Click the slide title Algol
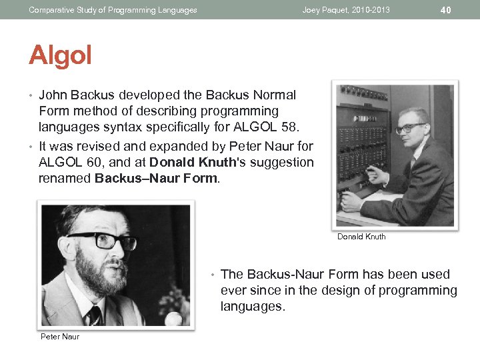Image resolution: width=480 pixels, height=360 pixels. coord(60,55)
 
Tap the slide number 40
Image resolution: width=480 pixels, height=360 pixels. coord(446,10)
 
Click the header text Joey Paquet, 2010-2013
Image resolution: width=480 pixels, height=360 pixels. coord(346,10)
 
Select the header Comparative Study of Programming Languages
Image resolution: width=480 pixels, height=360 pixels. coord(113,10)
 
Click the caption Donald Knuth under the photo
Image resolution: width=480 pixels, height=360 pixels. coord(361,237)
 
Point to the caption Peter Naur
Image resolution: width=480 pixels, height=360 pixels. coord(60,337)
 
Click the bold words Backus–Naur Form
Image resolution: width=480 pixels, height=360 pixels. coord(155,178)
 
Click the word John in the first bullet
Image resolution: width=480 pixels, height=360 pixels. coord(52,95)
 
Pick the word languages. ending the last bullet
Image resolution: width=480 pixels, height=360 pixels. coord(253,306)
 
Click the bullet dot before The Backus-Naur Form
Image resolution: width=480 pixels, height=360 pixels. coord(212,275)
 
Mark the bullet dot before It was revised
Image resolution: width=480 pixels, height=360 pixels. coord(31,146)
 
